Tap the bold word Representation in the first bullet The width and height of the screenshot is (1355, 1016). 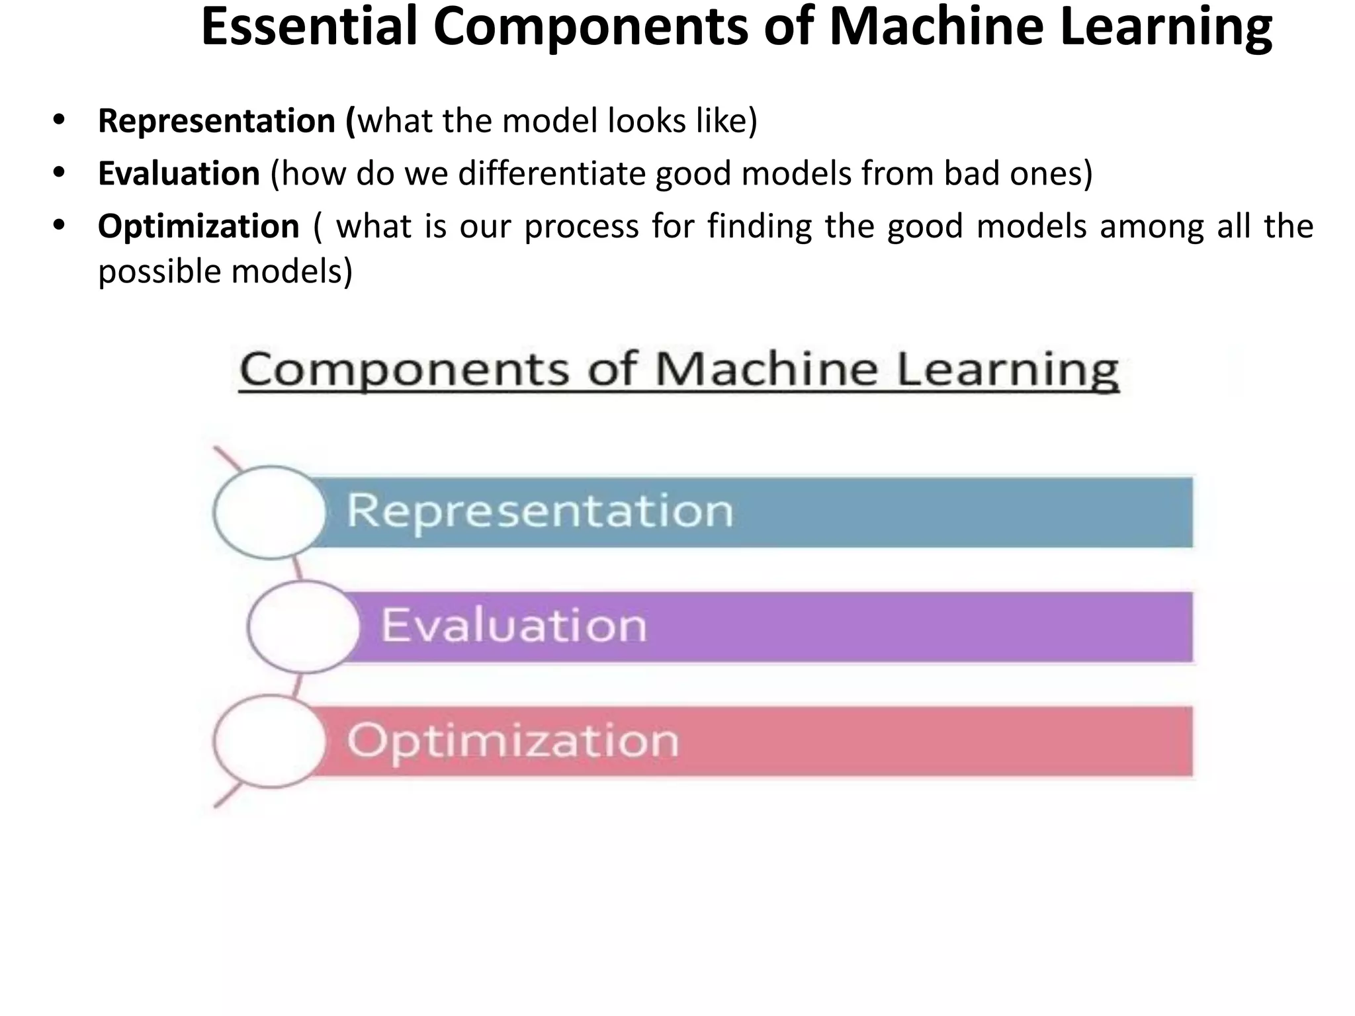[217, 121]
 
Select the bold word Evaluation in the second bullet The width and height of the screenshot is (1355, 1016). [179, 174]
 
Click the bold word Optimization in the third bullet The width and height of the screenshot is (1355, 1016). [198, 227]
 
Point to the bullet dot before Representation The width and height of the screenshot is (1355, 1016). [60, 120]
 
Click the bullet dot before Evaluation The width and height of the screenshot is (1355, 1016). [60, 173]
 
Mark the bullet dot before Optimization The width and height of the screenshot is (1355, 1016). [60, 226]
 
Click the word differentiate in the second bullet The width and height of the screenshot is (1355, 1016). [555, 174]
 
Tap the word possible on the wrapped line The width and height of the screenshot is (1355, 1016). [159, 272]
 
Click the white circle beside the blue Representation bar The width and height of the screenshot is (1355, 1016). [270, 513]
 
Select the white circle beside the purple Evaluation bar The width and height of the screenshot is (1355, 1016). [304, 626]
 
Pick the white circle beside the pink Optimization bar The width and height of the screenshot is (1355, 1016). [270, 741]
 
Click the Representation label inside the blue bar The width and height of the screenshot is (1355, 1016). [540, 511]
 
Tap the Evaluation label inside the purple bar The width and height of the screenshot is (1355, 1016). [513, 625]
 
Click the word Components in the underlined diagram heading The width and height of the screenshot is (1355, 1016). [404, 370]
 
